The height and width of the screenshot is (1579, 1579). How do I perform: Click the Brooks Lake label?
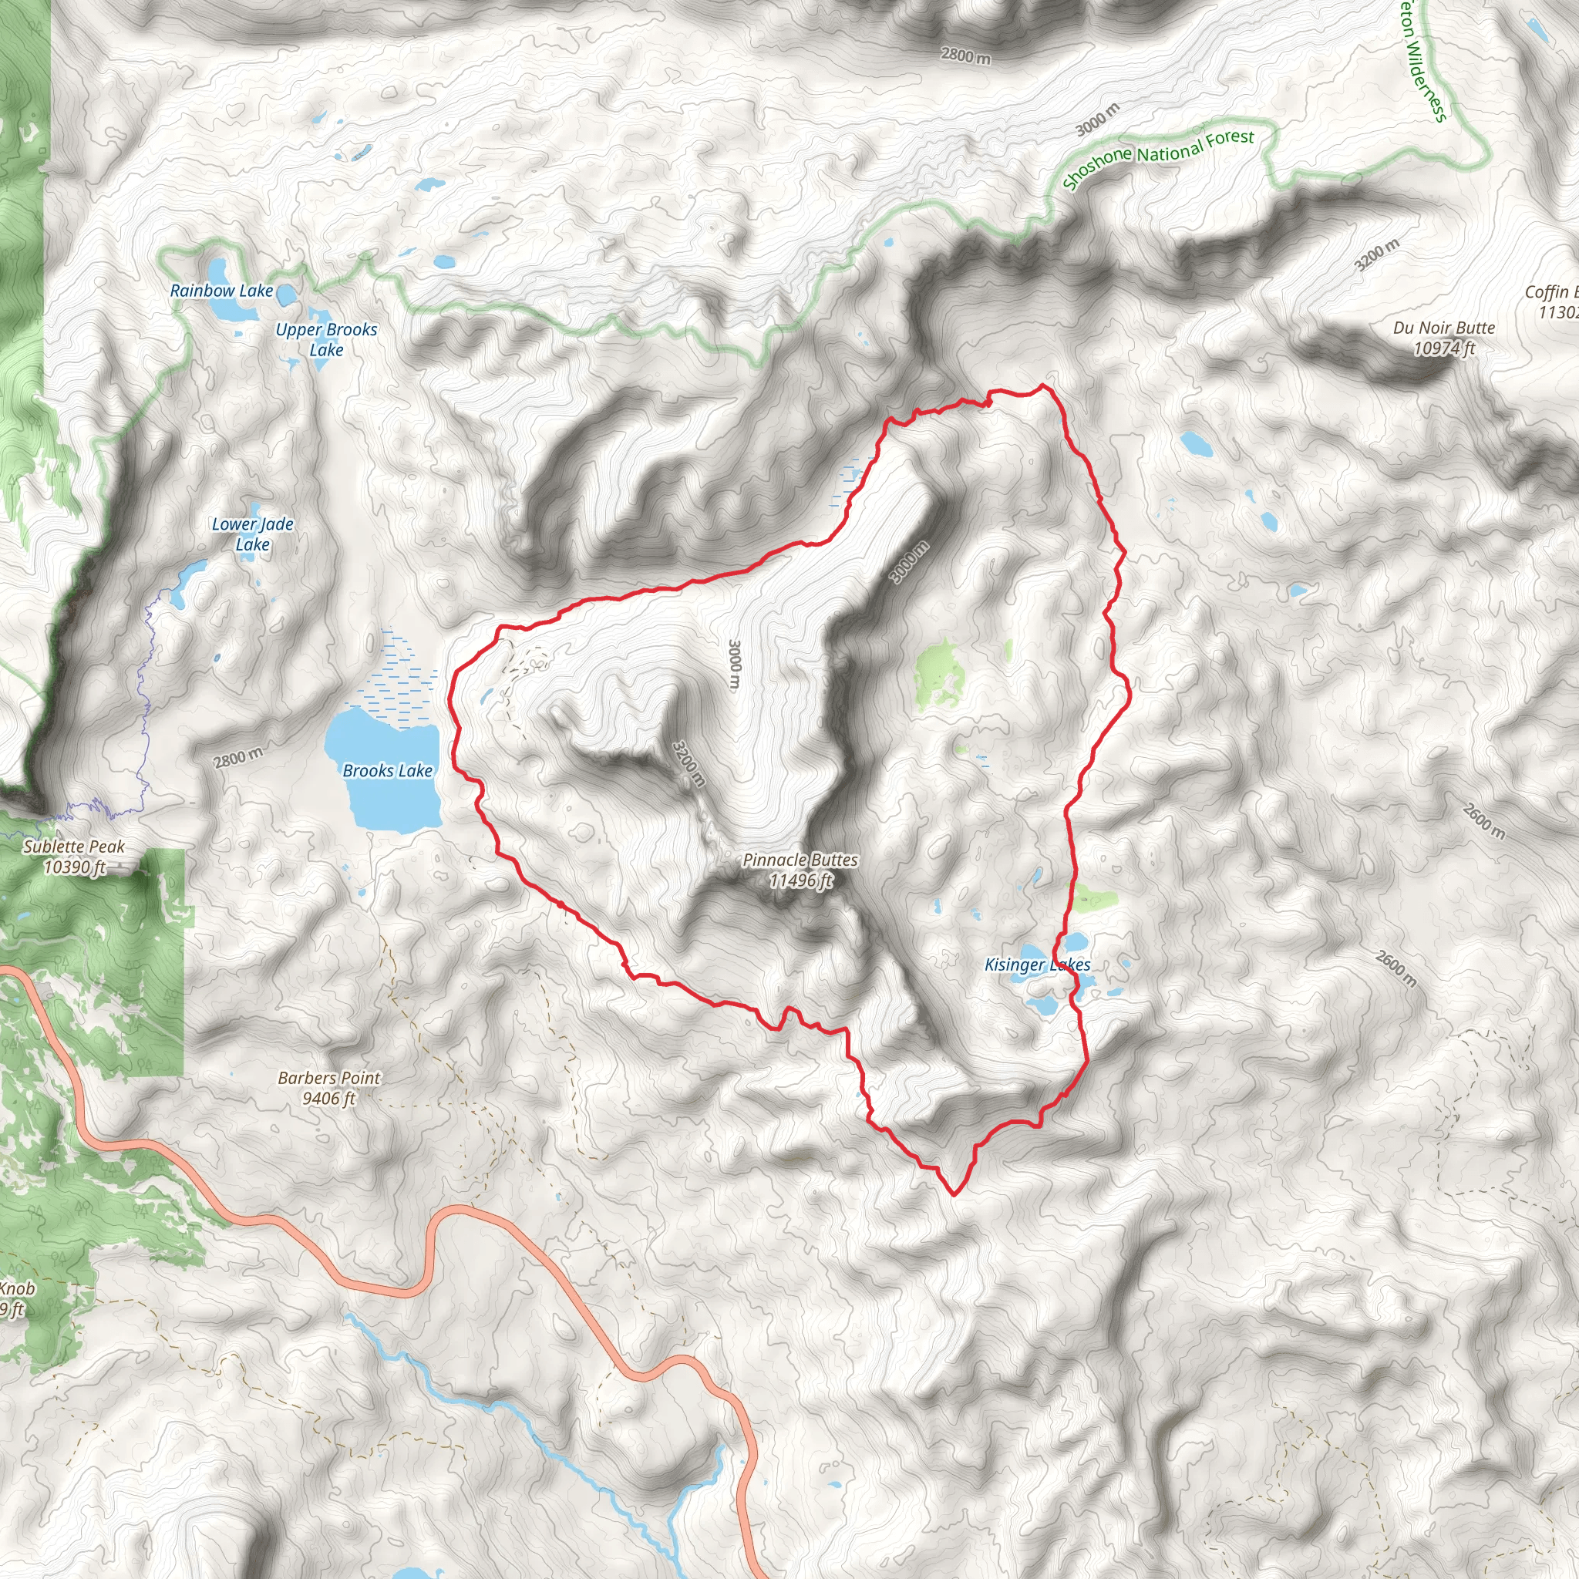tap(386, 771)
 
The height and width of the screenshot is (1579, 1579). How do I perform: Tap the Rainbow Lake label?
tap(221, 291)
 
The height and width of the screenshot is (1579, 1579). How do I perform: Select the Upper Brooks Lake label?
tap(326, 339)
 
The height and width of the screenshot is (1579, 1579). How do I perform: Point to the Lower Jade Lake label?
tap(253, 534)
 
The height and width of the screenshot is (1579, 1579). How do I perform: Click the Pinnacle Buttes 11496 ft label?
tap(800, 870)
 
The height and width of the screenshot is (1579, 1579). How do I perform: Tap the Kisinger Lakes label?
tap(1036, 965)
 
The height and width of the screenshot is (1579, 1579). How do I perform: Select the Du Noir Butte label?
tap(1443, 338)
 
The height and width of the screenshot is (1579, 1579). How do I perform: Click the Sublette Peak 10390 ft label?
tap(74, 857)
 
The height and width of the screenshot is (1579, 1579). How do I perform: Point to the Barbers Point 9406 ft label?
tap(328, 1088)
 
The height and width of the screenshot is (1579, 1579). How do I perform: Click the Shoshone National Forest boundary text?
tap(1158, 160)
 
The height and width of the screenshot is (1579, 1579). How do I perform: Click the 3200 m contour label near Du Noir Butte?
tap(1376, 256)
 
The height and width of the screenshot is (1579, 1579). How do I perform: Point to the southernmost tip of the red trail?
tap(954, 1194)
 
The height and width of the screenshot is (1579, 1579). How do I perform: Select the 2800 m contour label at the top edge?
tap(965, 56)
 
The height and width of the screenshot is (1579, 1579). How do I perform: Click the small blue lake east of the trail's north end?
tap(1196, 444)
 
